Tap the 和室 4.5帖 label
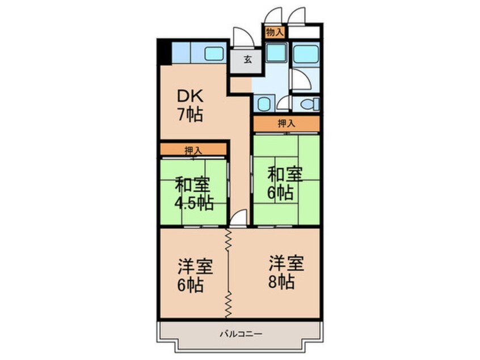[x=193, y=193]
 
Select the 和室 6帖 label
[x=285, y=183]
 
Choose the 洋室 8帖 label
[x=286, y=273]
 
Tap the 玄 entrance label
[x=248, y=60]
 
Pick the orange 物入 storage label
[x=275, y=33]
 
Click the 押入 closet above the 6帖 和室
[x=287, y=123]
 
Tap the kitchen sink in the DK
[x=214, y=55]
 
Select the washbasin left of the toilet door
[x=264, y=103]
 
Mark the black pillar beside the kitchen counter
[x=163, y=52]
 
